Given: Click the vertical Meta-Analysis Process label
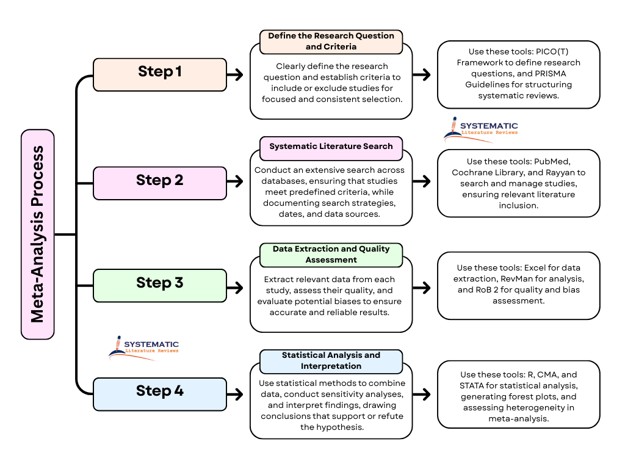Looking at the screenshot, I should [38, 234].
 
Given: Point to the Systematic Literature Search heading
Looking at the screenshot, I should [331, 147].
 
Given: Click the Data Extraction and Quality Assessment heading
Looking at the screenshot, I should [331, 255].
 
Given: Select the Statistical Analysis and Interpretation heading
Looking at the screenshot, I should [331, 361].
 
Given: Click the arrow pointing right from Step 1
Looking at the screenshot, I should [235, 75].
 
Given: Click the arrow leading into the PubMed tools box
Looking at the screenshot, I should [422, 181].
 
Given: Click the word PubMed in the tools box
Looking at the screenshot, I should [552, 162].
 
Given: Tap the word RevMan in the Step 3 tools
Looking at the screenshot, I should [508, 278].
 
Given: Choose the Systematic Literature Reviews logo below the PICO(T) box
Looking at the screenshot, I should [481, 129].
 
